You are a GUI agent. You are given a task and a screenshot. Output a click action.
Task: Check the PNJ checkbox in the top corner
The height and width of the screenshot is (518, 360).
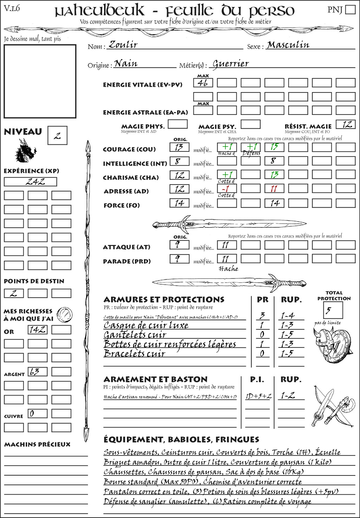click(350, 9)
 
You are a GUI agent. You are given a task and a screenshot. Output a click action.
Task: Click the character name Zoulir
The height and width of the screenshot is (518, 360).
click(123, 45)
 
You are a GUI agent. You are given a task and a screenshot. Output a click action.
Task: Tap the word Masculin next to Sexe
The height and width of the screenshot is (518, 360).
click(288, 45)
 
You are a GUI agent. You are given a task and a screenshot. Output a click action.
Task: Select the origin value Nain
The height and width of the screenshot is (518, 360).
click(126, 64)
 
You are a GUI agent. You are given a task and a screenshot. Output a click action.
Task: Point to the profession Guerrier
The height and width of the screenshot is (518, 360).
click(231, 64)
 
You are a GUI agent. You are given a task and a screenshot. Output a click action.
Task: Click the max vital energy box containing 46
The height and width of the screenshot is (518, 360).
click(203, 83)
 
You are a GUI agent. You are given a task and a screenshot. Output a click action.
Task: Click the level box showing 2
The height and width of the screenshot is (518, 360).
click(57, 136)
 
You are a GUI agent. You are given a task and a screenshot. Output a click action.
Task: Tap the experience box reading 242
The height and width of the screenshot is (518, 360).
click(30, 182)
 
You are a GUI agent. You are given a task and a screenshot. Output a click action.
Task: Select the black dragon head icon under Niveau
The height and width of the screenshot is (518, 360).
click(26, 151)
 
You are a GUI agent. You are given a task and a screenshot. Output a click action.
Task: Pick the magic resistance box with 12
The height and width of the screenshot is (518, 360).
click(346, 124)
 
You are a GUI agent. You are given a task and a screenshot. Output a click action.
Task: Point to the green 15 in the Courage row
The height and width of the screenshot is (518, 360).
click(274, 147)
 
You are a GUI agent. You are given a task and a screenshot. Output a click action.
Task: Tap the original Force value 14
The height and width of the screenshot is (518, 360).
click(179, 203)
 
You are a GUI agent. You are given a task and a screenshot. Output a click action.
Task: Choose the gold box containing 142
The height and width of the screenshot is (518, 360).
click(38, 330)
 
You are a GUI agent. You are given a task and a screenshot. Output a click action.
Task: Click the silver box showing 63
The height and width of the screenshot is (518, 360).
click(38, 372)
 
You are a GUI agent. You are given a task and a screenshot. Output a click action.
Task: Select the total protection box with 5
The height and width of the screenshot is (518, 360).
click(333, 310)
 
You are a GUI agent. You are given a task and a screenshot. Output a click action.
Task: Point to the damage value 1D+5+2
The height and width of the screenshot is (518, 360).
click(258, 396)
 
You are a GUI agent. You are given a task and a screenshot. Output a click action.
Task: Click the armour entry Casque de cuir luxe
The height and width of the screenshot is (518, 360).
click(146, 325)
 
